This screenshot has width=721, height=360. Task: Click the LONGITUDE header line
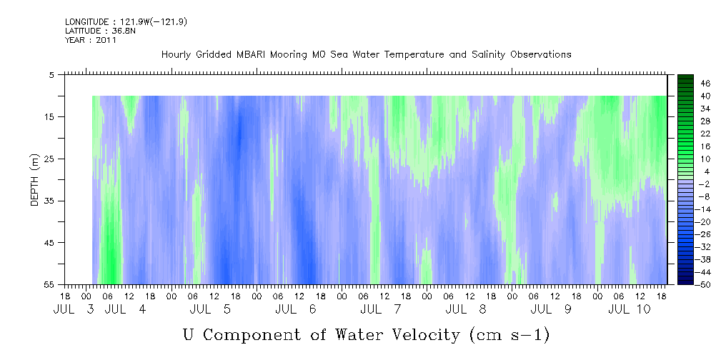point(126,22)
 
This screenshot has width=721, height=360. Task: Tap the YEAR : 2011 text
point(91,40)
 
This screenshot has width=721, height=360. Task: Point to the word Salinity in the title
point(487,55)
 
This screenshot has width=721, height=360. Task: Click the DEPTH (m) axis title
point(35,180)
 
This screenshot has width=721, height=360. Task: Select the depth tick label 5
point(51,75)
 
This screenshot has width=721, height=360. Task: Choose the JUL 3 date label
point(74,309)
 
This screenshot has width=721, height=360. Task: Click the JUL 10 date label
point(630,309)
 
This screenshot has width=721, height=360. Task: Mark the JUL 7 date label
point(382,309)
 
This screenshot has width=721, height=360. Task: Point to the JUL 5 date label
point(211,309)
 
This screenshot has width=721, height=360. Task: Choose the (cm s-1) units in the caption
point(510,335)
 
